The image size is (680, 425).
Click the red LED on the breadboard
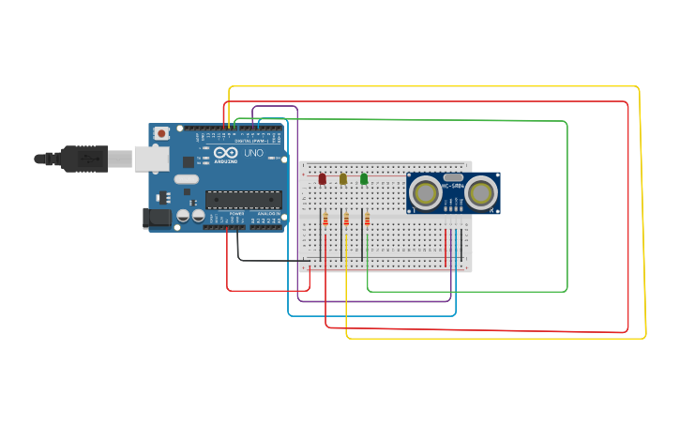tap(323, 178)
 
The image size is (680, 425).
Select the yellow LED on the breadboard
tap(343, 178)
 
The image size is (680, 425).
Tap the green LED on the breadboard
tap(364, 178)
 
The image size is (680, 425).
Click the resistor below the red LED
tap(325, 220)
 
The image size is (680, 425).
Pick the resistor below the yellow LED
tap(346, 220)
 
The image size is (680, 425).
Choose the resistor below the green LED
tap(367, 220)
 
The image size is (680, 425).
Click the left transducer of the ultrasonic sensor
tap(426, 193)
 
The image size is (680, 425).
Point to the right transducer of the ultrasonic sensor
tap(481, 193)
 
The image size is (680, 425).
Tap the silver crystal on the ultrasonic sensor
tap(453, 177)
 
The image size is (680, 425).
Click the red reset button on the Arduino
tap(161, 134)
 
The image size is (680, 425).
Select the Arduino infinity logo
tap(226, 153)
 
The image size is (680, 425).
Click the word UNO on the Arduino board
tap(253, 153)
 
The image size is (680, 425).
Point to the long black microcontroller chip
tap(244, 199)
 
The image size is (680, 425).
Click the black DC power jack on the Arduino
tap(158, 219)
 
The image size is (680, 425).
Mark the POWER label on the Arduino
tap(236, 213)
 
